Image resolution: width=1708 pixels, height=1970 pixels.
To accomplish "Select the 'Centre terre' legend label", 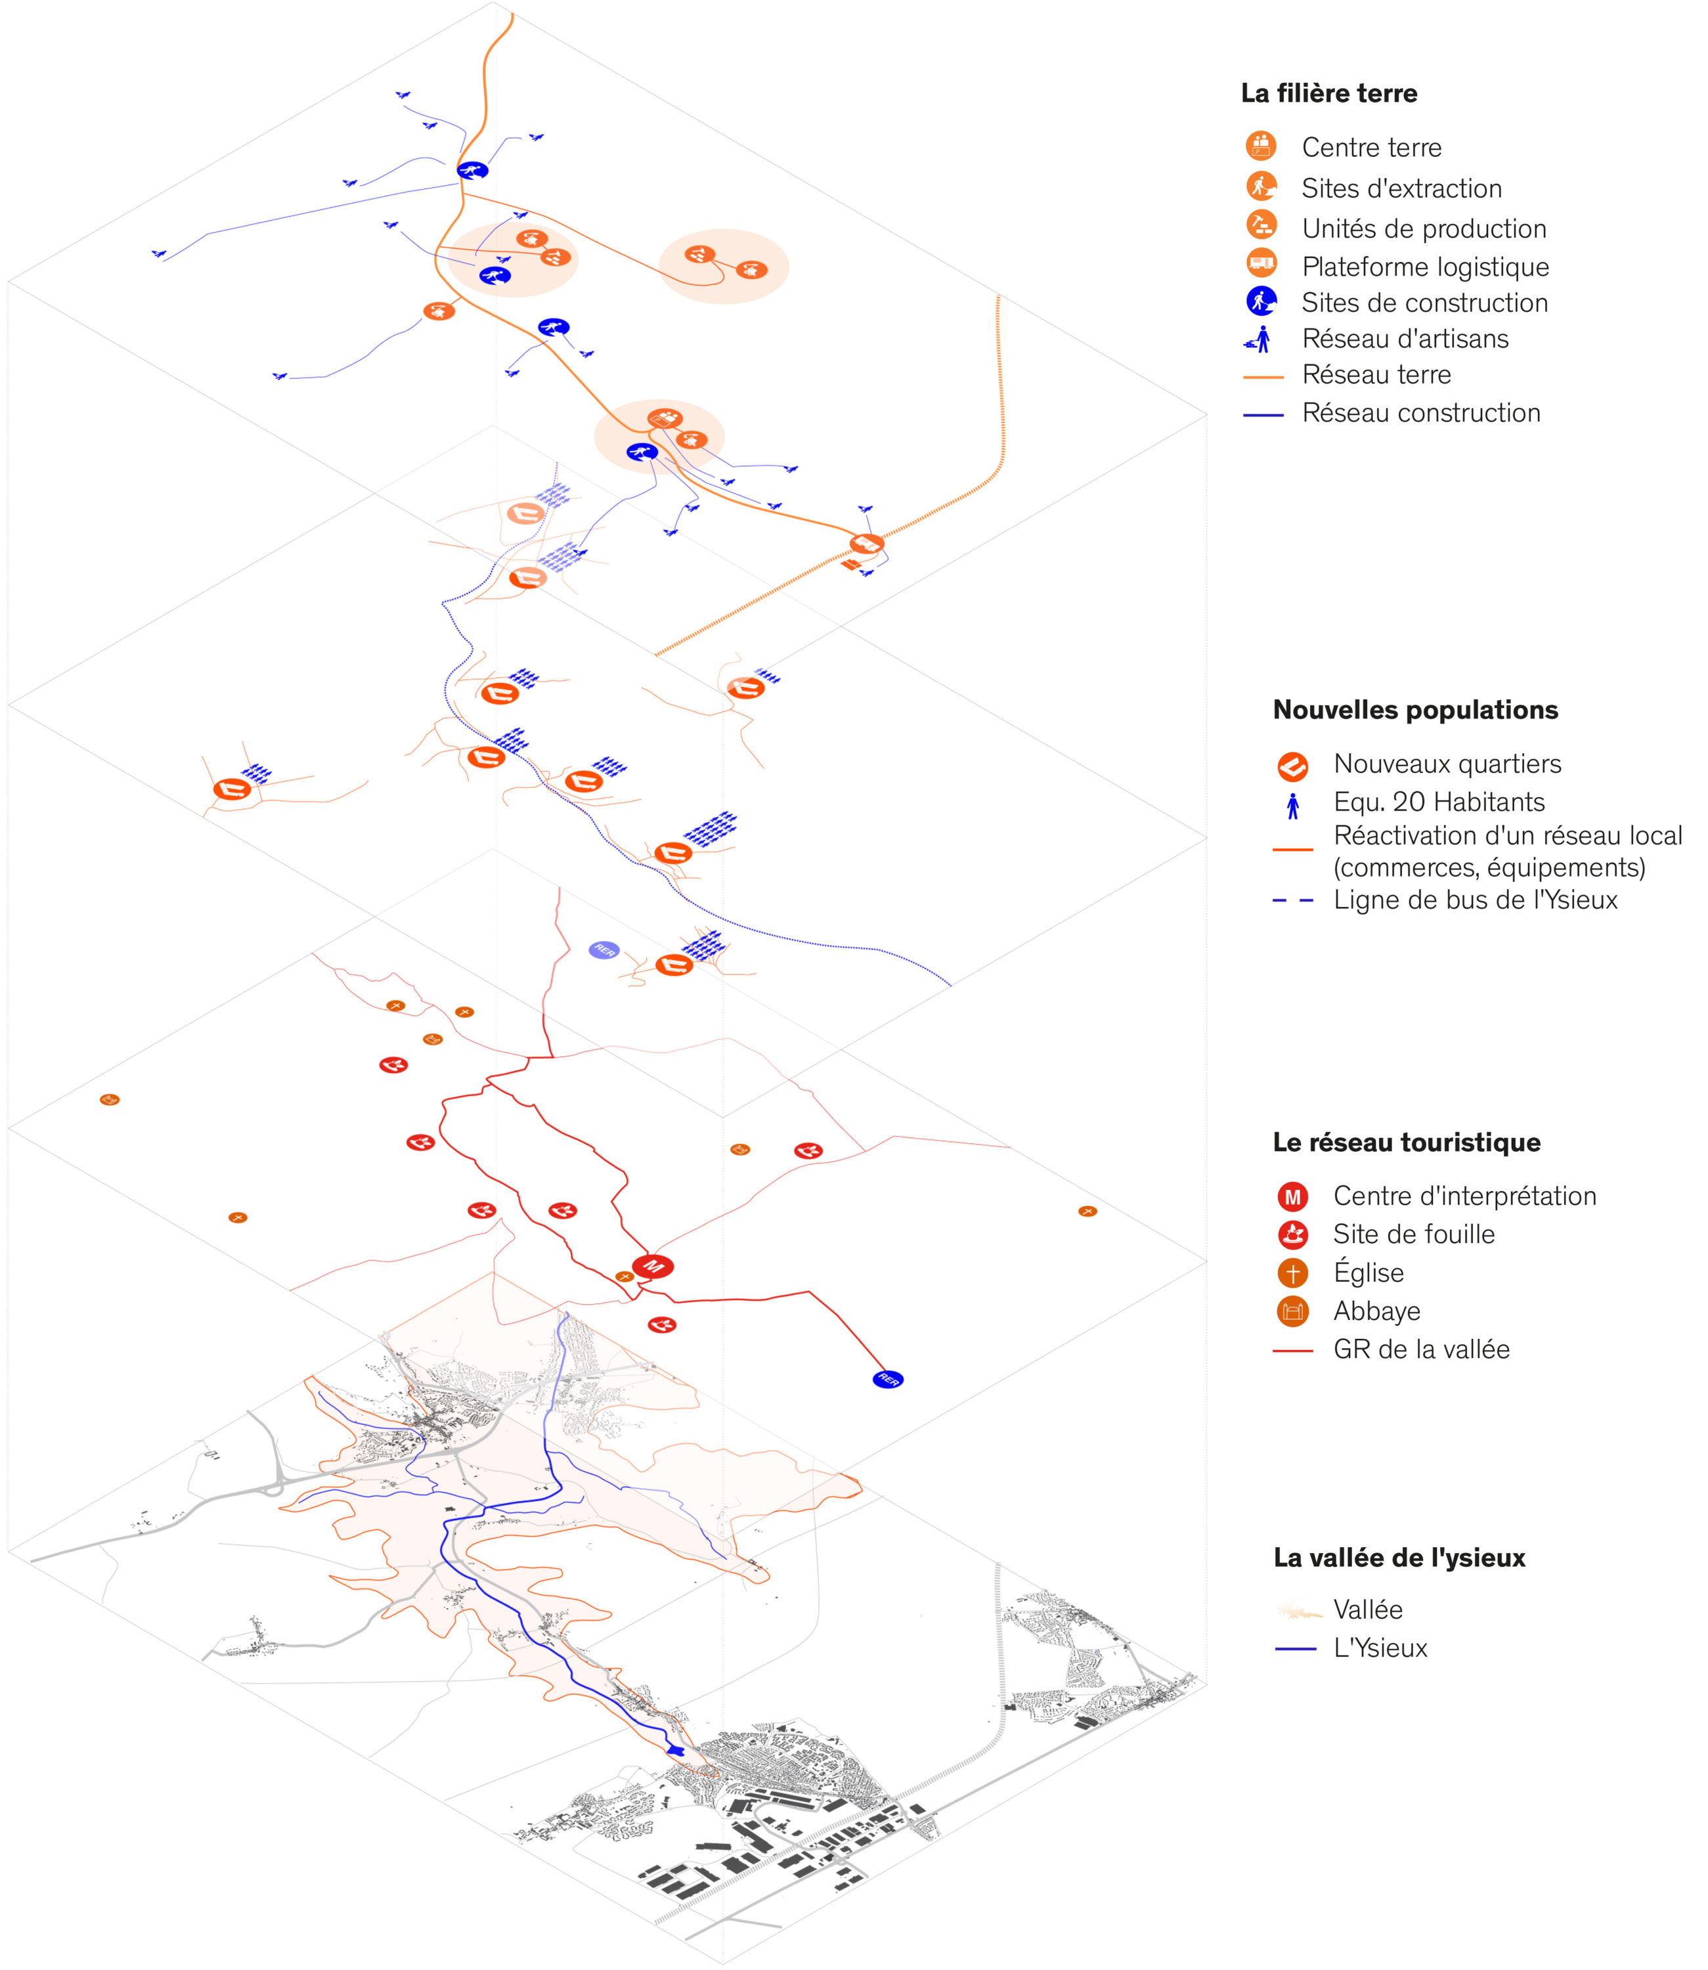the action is pyautogui.click(x=1372, y=148).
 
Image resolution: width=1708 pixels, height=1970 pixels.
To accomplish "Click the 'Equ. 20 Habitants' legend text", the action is pyautogui.click(x=1439, y=802).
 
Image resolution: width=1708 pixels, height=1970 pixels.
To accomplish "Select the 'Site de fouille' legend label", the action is pyautogui.click(x=1414, y=1235).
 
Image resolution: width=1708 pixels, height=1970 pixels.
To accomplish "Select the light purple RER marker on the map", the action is pyautogui.click(x=604, y=950).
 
